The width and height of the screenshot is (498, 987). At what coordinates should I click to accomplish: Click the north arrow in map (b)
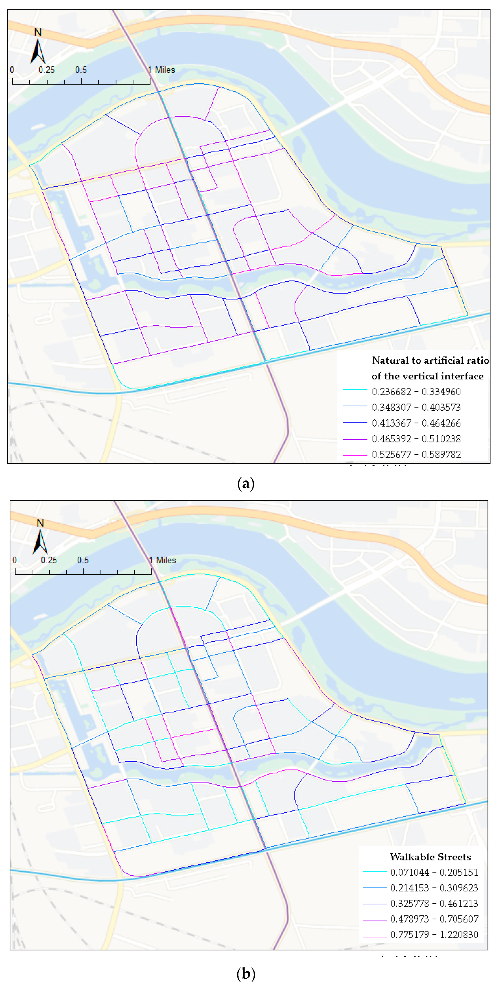click(40, 542)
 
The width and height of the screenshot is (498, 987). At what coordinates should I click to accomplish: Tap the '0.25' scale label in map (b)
click(49, 560)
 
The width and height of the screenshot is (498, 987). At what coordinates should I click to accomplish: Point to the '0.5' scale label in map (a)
click(81, 70)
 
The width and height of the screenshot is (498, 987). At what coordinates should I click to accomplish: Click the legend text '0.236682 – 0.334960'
click(416, 392)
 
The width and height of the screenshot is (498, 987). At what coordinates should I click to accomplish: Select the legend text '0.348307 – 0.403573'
click(416, 407)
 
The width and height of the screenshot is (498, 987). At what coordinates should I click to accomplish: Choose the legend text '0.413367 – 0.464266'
click(416, 423)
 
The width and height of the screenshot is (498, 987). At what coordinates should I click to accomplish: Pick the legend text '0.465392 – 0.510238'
click(416, 439)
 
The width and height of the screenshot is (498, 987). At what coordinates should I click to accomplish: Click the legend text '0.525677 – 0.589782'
click(416, 454)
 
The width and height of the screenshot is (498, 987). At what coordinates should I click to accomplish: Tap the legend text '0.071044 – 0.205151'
click(434, 872)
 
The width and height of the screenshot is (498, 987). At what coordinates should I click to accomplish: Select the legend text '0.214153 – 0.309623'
click(434, 888)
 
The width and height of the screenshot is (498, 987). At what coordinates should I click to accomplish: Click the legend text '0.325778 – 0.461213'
click(434, 903)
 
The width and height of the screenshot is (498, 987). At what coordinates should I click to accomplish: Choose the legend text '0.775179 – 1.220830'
click(434, 934)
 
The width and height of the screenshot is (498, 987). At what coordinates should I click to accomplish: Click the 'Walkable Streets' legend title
click(430, 857)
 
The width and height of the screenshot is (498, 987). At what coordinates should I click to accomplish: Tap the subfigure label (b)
click(246, 974)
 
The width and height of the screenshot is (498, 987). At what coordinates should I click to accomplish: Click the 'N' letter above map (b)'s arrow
click(40, 523)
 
